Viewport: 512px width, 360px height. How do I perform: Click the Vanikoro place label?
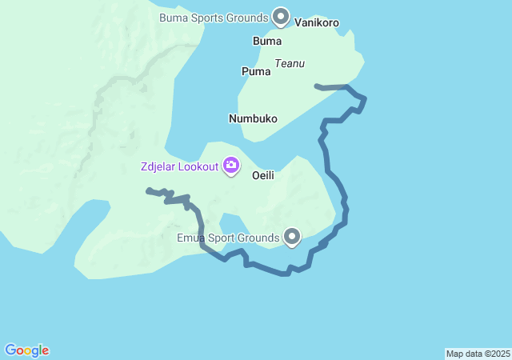tap(317, 22)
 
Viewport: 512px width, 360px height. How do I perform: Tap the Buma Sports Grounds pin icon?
tap(281, 15)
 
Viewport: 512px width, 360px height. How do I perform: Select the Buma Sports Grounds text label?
tap(213, 17)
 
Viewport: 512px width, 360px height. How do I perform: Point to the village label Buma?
tap(266, 41)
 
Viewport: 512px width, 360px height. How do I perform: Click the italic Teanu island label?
tap(290, 63)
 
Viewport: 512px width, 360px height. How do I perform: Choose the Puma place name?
tap(256, 71)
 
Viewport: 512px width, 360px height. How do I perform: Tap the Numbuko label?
tap(253, 118)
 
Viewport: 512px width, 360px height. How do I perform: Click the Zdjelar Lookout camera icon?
tap(231, 166)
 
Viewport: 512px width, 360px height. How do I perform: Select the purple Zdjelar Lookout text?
tap(177, 166)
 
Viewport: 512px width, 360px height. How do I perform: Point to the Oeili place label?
tap(264, 174)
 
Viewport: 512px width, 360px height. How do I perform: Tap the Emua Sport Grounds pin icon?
tap(292, 236)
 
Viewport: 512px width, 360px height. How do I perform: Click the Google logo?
tap(26, 350)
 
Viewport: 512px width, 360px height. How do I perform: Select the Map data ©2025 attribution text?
tap(478, 354)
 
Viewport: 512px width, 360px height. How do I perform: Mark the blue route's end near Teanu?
tap(318, 85)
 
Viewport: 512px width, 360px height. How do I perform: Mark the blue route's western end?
tap(148, 190)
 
